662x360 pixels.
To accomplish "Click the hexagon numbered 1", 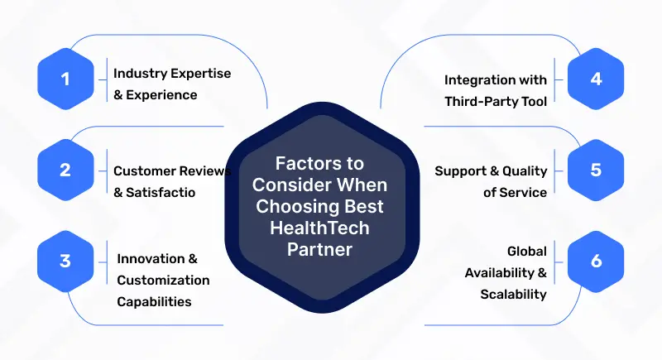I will coord(66,80).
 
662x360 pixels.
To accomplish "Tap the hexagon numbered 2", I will coord(66,170).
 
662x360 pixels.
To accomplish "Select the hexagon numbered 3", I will coord(66,260).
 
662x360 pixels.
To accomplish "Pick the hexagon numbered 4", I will coord(596,80).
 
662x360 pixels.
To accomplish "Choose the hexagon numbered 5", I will coord(596,170).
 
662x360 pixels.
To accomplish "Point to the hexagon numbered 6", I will coord(596,260).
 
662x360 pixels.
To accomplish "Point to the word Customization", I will coord(163,280).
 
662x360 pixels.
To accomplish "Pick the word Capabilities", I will coord(154,300).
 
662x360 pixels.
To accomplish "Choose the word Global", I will coord(526,252).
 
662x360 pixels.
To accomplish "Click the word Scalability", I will coord(514,294).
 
